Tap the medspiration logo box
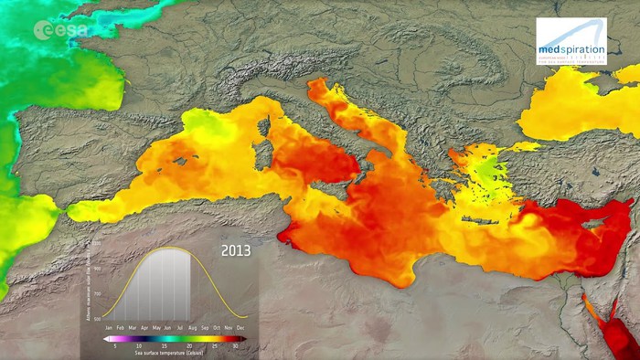point(571,41)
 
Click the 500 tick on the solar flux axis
point(97,319)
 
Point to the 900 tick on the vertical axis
point(97,270)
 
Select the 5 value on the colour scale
point(114,346)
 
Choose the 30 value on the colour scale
point(236,346)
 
